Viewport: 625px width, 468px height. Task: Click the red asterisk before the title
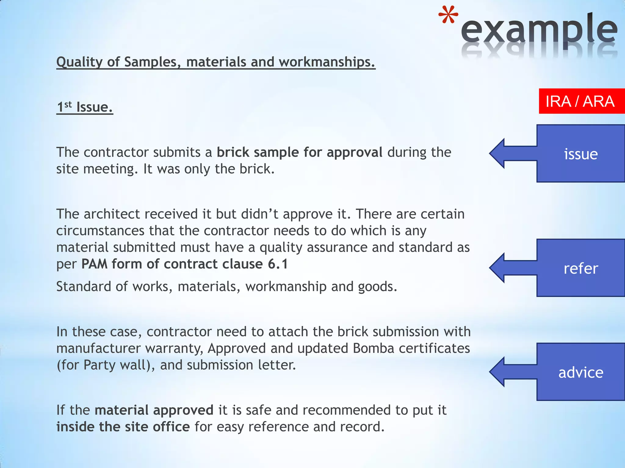(448, 15)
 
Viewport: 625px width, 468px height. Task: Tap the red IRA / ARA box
(581, 101)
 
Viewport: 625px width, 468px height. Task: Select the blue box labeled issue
(580, 154)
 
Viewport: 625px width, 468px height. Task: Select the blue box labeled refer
(580, 268)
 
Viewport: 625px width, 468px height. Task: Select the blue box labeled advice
(580, 372)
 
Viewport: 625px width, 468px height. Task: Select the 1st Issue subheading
(85, 107)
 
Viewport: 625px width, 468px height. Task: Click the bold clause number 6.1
(278, 264)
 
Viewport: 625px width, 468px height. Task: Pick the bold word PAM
(94, 264)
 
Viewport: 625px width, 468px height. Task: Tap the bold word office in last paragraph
(171, 427)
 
